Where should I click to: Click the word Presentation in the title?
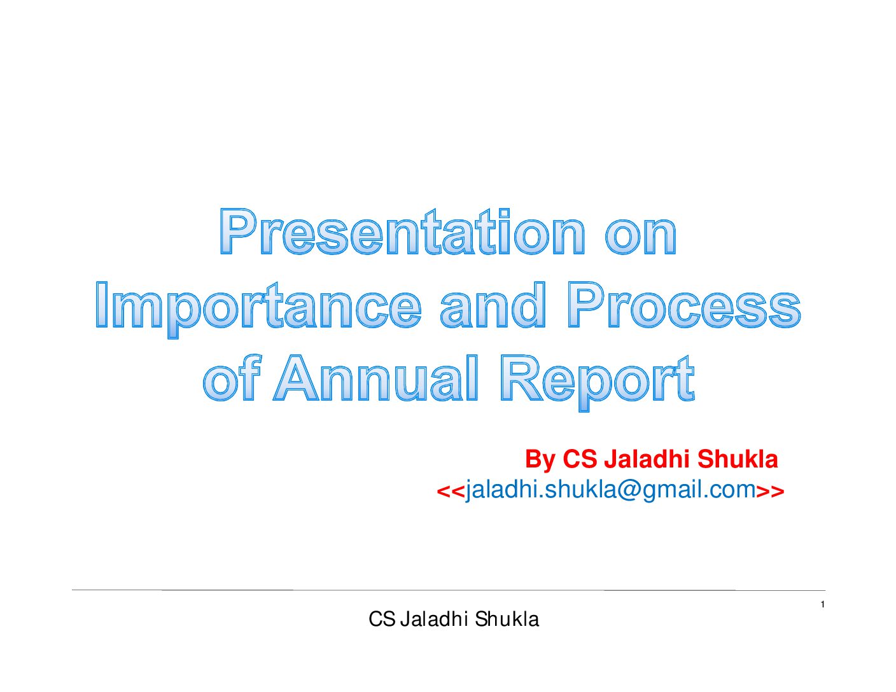point(402,232)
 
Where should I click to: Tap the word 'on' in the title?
point(640,237)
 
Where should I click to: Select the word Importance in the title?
point(258,309)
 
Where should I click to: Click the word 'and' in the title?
point(493,305)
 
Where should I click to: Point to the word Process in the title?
point(684,305)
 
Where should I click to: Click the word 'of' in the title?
point(232,378)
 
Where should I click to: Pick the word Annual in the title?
point(375,378)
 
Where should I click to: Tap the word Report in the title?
point(598,383)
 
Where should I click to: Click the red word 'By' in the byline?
point(540,460)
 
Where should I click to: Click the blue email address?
point(611,490)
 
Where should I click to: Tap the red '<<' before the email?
point(451,492)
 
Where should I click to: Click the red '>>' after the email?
point(770,492)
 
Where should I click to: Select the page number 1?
point(823,605)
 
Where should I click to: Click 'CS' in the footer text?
point(382,619)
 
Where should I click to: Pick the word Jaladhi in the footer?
point(434,619)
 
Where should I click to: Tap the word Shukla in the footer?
point(507,619)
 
